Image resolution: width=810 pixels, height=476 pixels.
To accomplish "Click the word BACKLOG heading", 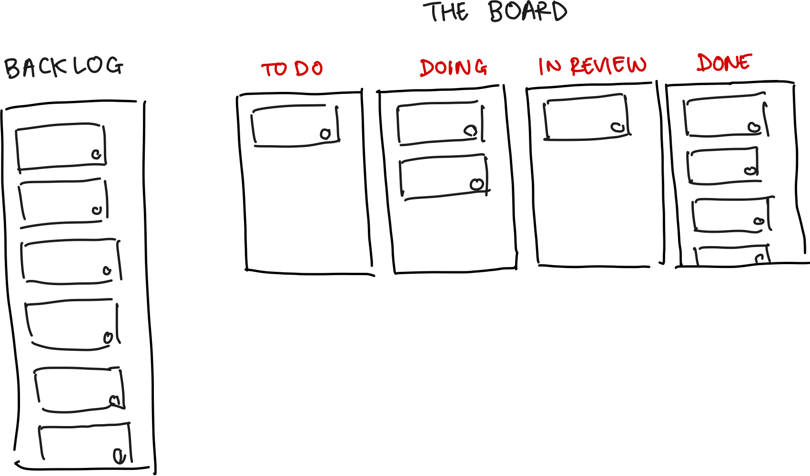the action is coord(64,67).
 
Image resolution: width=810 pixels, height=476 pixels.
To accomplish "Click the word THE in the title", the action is coord(447,12).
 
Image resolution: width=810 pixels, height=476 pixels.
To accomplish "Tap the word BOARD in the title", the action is coord(528,12).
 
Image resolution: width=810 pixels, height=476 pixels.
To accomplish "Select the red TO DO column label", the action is coord(292,69).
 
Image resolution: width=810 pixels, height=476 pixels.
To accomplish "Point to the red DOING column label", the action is coord(453,68).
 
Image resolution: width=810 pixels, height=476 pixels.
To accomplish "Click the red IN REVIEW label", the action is coord(592,66).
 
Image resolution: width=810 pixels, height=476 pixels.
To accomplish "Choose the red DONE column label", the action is coord(724,63).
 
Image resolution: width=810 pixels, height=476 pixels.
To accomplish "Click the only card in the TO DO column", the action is coord(294,126).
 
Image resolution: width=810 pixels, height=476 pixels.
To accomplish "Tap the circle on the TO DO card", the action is coord(325,134).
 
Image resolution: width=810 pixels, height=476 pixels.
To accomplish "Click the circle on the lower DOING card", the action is coord(476,184).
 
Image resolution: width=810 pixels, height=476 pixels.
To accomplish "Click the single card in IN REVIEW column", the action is coord(586,118).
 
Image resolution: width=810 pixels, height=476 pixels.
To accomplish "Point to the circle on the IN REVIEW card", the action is coord(618,127).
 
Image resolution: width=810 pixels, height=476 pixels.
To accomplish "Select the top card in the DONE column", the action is coord(724,117).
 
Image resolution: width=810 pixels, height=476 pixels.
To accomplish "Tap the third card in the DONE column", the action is coord(730,216).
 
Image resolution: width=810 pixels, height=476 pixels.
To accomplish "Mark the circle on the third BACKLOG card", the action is coord(107,271).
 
